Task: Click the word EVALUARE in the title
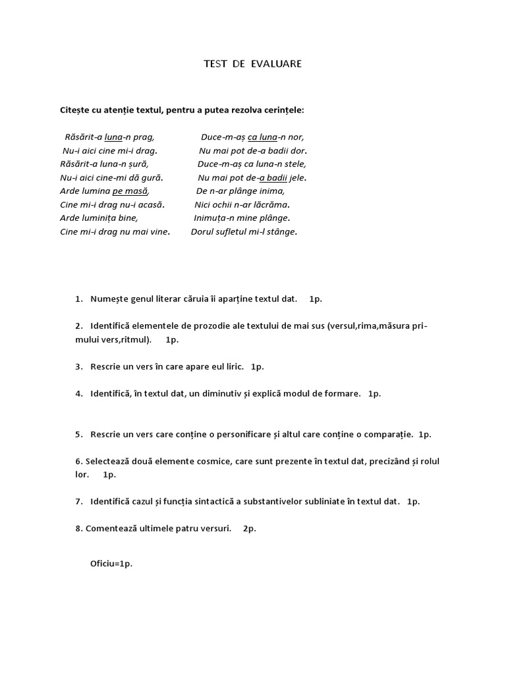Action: point(276,64)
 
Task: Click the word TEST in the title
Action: point(215,64)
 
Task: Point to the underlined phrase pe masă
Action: point(130,191)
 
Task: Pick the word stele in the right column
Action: point(294,164)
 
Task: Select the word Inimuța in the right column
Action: point(210,218)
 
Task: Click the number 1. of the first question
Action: point(78,299)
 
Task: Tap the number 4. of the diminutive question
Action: point(78,394)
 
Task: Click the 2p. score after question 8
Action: point(249,529)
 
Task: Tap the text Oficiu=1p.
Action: point(111,564)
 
